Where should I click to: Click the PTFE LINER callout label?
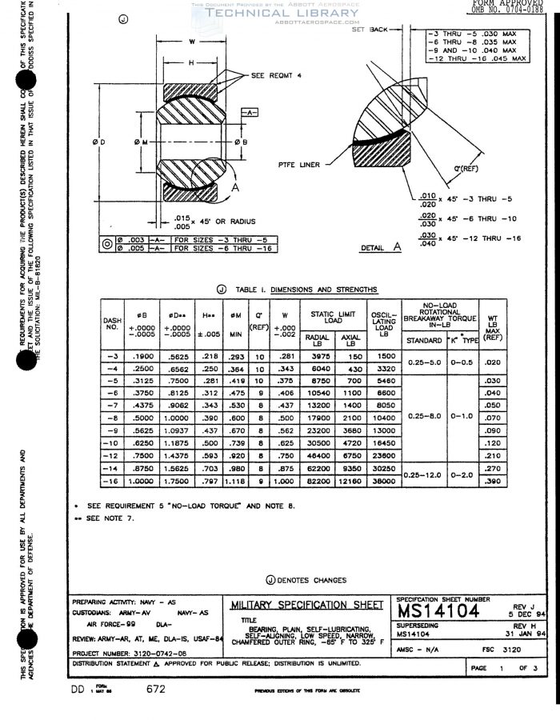tap(298, 165)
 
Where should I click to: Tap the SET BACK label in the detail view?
tap(370, 28)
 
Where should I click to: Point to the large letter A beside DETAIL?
tap(398, 248)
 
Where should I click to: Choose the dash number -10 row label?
tap(113, 442)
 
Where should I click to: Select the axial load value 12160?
tap(350, 482)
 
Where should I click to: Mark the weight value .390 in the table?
tap(493, 482)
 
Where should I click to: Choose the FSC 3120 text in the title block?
tap(488, 650)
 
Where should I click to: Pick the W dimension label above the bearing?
tap(192, 40)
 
